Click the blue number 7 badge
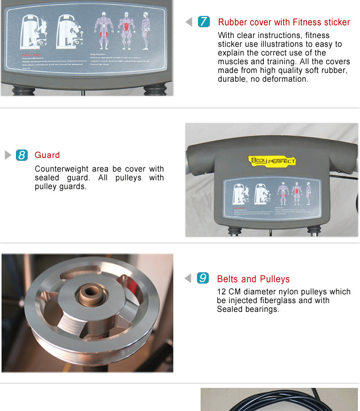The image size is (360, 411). click(x=204, y=22)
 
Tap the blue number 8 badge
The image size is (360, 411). click(x=22, y=155)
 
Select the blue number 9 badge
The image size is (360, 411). click(x=203, y=278)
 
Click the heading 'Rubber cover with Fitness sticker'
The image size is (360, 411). click(x=284, y=22)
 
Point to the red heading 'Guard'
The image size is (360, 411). click(x=47, y=155)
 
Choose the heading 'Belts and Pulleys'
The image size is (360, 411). click(x=253, y=279)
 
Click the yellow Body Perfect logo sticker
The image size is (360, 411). click(x=273, y=161)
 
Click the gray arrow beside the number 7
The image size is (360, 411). click(x=189, y=22)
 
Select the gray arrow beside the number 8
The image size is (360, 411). click(x=8, y=155)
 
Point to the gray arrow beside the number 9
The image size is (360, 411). click(x=188, y=278)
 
